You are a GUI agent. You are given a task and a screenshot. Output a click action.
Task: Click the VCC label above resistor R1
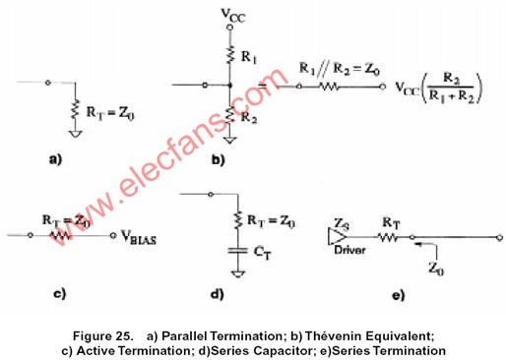point(233,15)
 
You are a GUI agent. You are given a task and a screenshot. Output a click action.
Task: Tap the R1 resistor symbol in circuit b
point(230,54)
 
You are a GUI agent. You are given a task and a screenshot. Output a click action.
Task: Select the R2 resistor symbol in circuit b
point(230,115)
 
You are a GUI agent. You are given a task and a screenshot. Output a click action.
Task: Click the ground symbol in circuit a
point(75,134)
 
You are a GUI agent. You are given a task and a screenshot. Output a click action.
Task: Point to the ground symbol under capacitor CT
point(238,274)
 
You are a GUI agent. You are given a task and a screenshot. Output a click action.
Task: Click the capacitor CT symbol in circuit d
point(238,251)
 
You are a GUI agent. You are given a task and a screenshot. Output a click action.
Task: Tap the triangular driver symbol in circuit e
point(337,236)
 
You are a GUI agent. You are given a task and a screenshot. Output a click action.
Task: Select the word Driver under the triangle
point(349,250)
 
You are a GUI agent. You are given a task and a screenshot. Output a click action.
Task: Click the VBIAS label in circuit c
point(139,237)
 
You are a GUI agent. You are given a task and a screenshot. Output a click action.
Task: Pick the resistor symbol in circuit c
point(61,235)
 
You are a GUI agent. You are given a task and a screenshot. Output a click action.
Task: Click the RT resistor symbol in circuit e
point(389,237)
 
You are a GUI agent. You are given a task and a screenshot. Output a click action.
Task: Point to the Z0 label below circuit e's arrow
point(436,269)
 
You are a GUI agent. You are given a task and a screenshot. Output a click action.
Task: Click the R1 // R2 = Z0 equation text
point(340,69)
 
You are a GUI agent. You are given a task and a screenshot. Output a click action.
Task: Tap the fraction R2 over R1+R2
point(452,88)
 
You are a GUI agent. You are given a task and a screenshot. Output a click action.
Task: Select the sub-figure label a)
point(55,159)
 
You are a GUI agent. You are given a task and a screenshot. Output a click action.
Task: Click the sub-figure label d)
point(217,293)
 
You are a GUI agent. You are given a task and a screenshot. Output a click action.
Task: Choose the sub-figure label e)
point(398,295)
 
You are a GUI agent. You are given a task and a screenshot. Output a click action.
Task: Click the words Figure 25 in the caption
point(102,336)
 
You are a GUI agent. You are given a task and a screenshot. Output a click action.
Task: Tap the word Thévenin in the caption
point(334,336)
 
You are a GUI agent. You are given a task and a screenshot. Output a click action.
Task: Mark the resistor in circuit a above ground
point(75,109)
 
